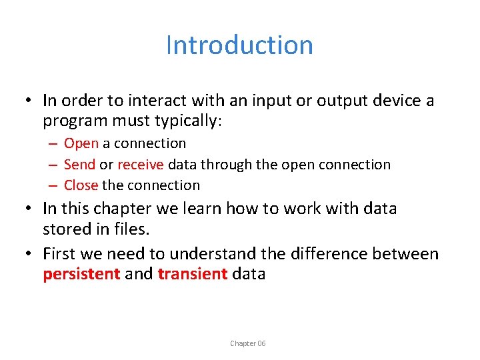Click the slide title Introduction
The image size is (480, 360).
[239, 45]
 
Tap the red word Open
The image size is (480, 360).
[81, 143]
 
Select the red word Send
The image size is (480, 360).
[79, 165]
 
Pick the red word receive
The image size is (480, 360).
[141, 165]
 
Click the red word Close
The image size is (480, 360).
[81, 185]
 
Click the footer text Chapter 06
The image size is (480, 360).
[247, 343]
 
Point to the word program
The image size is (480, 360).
[73, 121]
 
